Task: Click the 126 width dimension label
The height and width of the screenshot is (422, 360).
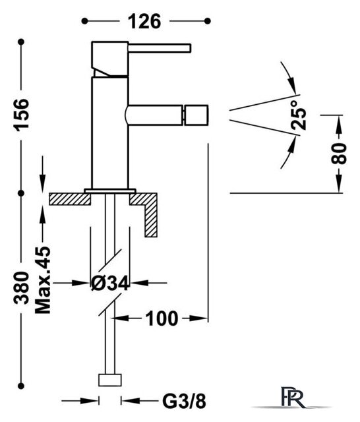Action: [x=144, y=22]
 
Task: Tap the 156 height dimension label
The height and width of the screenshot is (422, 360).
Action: [x=22, y=115]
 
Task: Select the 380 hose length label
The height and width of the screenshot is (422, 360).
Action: [x=22, y=288]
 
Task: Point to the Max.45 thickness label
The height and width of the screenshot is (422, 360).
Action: [x=43, y=280]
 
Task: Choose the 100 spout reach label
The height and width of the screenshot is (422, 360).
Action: [x=162, y=318]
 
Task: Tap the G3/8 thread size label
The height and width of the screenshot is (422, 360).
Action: [x=185, y=402]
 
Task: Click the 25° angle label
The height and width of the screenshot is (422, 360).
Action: [x=299, y=115]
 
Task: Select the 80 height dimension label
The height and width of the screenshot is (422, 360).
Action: [x=339, y=154]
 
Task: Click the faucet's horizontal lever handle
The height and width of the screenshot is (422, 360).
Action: [x=160, y=48]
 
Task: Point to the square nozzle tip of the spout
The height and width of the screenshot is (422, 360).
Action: [x=196, y=115]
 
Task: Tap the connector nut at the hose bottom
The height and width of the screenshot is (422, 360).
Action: [x=110, y=380]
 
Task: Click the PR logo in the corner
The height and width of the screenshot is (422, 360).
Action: [x=293, y=397]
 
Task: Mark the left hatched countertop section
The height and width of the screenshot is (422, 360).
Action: [x=70, y=199]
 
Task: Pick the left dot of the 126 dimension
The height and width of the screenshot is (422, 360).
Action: [x=84, y=21]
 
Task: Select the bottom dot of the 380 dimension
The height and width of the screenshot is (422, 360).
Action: [x=21, y=386]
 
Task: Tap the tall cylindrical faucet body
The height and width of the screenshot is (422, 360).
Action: [x=110, y=133]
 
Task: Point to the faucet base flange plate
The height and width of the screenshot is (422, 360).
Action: [x=110, y=191]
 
